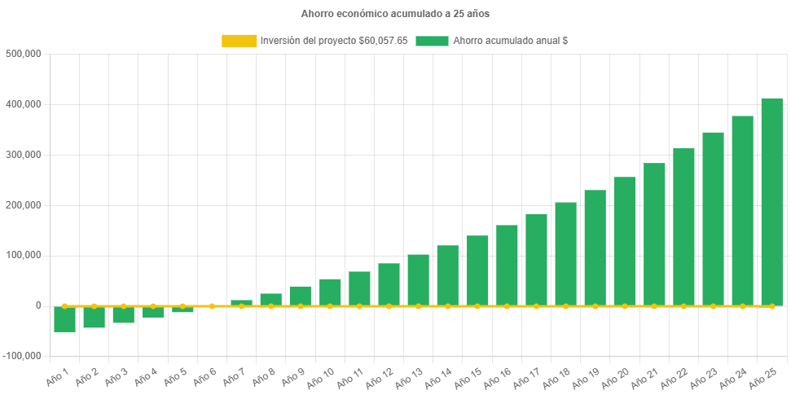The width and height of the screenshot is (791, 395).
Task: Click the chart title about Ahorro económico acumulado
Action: [395, 14]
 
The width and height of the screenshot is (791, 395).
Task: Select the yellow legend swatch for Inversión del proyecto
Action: [239, 41]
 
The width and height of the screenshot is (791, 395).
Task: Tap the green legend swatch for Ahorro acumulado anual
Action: [432, 41]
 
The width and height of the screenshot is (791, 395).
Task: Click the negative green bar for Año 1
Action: [64, 319]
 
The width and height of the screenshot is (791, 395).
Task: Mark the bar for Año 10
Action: [330, 292]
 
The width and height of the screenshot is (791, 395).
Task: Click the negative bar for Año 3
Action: [123, 314]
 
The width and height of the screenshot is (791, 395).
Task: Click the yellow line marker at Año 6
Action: [212, 306]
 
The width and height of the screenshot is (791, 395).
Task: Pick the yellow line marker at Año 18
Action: [565, 306]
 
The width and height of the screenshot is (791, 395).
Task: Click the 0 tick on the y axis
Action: [38, 305]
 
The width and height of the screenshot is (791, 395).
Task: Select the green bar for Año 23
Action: [713, 219]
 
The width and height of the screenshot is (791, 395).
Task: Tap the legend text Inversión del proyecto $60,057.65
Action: [334, 41]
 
